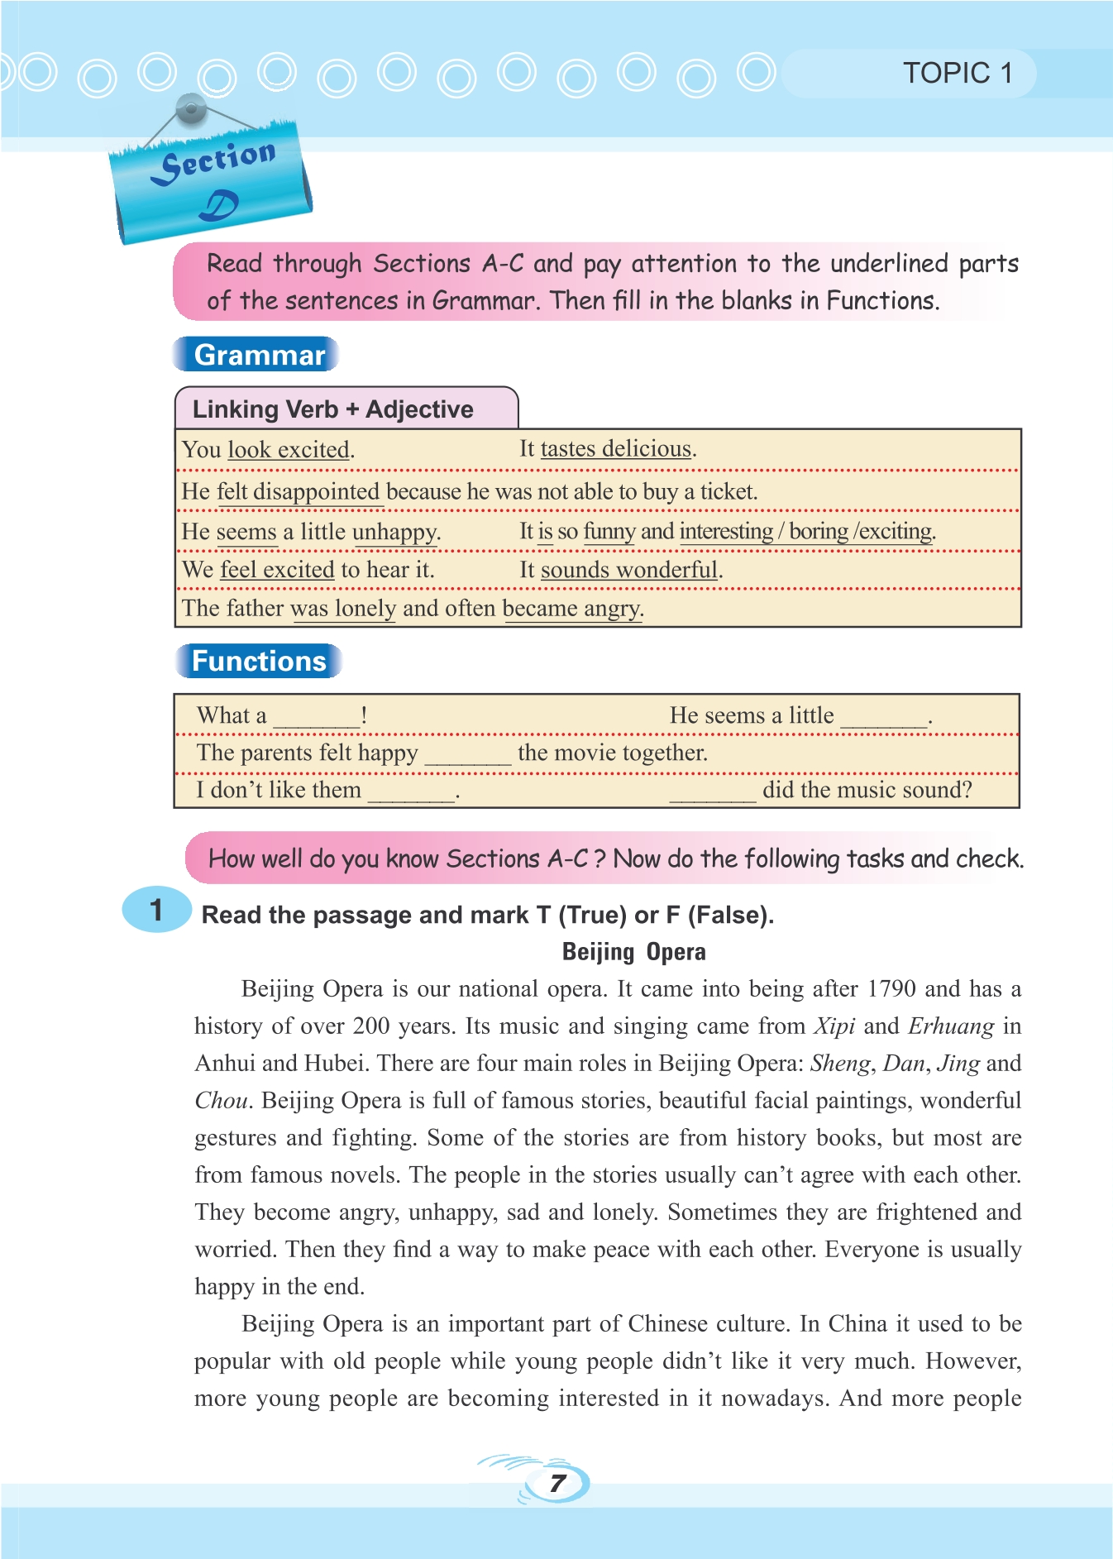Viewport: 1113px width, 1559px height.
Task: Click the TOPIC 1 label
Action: tap(958, 74)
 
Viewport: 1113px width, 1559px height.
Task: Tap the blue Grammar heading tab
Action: tap(258, 355)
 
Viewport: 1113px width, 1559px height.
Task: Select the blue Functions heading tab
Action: tap(259, 661)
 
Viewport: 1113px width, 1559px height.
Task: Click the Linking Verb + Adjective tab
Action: tap(333, 409)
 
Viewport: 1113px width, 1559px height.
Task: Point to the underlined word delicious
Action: tap(646, 448)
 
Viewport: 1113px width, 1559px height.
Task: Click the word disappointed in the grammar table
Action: tap(316, 491)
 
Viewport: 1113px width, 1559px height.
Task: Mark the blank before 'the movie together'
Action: tap(467, 755)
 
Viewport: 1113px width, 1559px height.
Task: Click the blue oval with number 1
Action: tap(156, 910)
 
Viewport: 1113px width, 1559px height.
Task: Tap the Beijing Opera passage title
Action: tap(633, 952)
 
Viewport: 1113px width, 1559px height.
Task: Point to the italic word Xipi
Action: tap(834, 1026)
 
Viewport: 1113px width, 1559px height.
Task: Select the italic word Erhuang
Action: tap(951, 1026)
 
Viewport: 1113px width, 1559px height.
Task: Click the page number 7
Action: tap(558, 1483)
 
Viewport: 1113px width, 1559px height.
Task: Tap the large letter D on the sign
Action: tap(218, 206)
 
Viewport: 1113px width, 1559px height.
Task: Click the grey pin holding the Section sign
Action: tap(191, 108)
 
